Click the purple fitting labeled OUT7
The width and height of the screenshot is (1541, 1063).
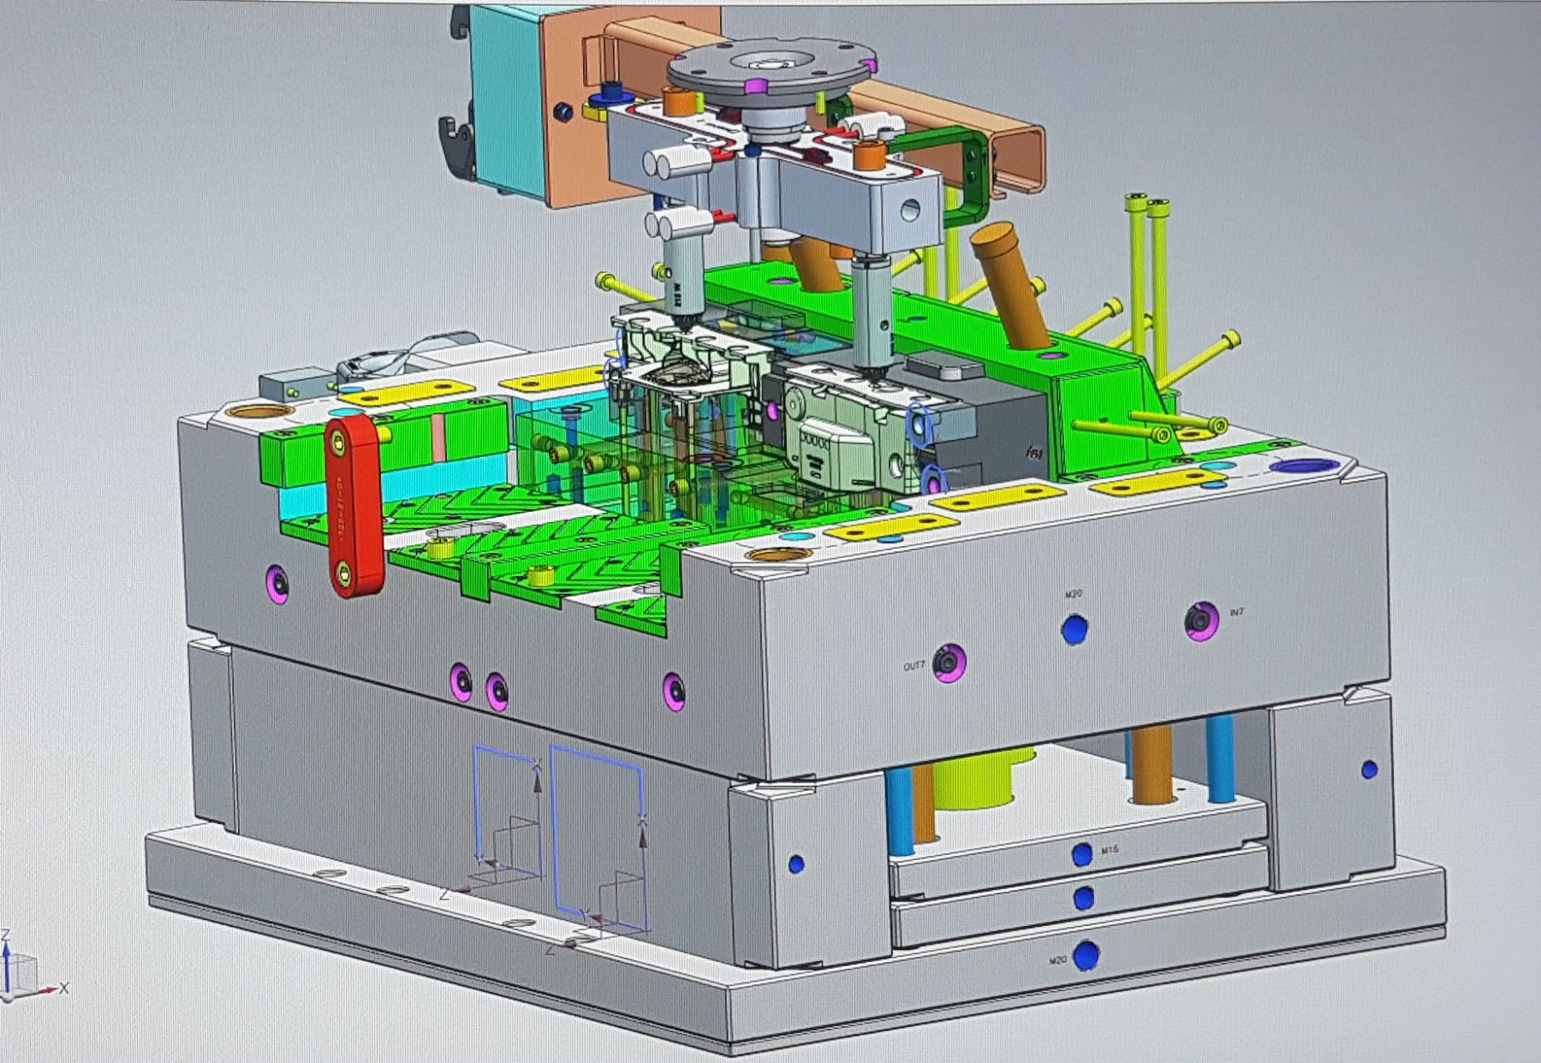coord(949,663)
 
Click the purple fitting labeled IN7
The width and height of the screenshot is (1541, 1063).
coord(1201,620)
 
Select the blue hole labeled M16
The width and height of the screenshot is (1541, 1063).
coord(1082,853)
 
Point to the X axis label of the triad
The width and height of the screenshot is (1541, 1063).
coord(64,989)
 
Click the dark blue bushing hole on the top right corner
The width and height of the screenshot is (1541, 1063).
coord(1302,466)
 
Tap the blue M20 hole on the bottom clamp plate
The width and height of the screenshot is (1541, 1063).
coord(1086,954)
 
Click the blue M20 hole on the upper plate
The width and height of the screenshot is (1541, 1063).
coord(1074,629)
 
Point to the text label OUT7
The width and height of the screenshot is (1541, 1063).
coord(914,666)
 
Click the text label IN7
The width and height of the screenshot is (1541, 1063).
coord(1236,613)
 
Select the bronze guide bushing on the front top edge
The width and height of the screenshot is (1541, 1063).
coord(777,555)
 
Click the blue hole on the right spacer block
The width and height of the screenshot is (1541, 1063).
coord(1368,769)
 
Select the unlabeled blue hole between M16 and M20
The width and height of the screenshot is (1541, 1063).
coord(1083,898)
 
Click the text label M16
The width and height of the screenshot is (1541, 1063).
coord(1110,850)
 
